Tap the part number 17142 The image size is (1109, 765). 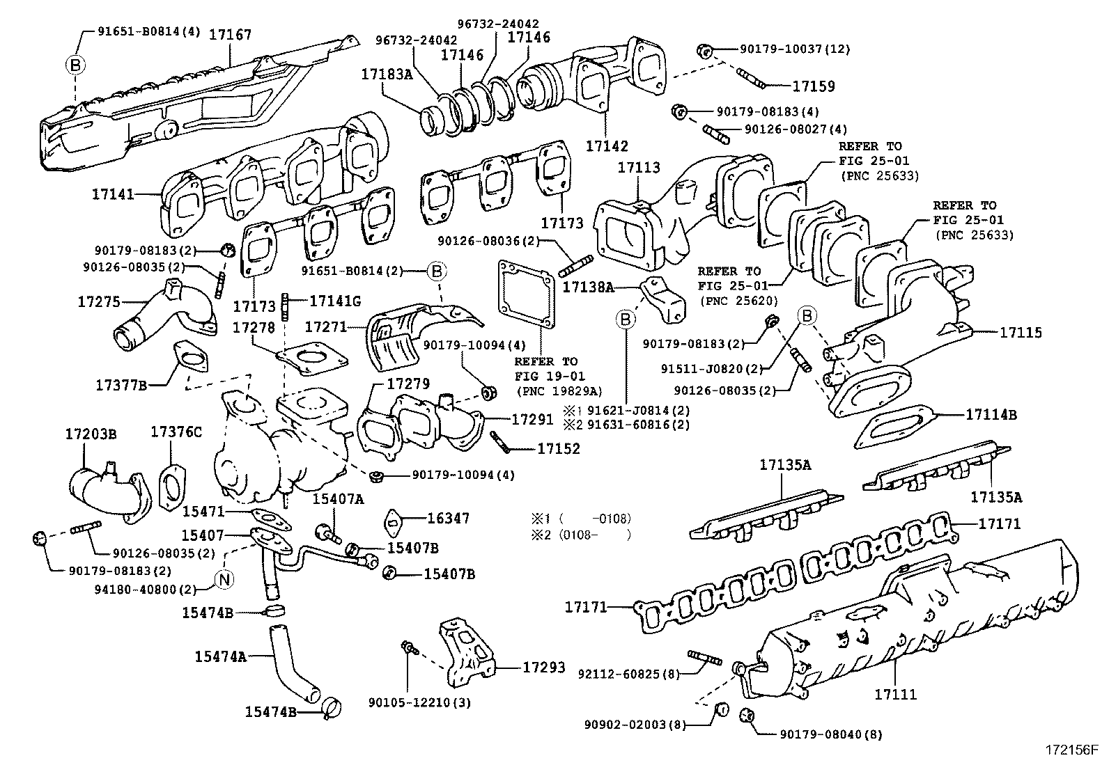[x=606, y=146]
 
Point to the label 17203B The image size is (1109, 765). [x=91, y=434]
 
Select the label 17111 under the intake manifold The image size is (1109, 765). [x=896, y=694]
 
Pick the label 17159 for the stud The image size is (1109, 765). [x=814, y=86]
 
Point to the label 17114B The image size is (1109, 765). [x=991, y=415]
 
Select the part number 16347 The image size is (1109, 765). [x=448, y=518]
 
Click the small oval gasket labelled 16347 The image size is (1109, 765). [x=393, y=520]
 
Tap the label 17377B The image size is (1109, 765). [x=121, y=384]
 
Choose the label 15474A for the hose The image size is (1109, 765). [x=220, y=656]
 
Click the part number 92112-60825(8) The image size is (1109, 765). [x=628, y=673]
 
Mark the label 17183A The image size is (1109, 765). [x=387, y=73]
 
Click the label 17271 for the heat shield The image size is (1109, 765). [x=326, y=326]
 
